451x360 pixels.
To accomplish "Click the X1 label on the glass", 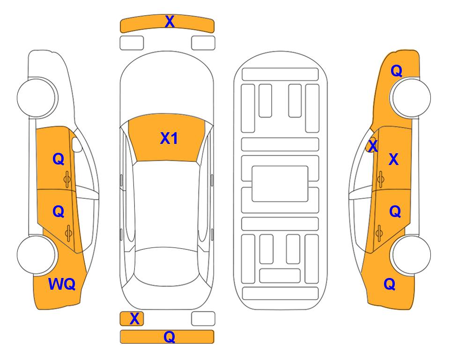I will click(x=169, y=138).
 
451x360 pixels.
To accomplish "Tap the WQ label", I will click(x=62, y=284).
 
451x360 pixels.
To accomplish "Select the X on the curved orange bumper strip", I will click(x=170, y=22).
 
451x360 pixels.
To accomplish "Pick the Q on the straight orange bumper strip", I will click(x=169, y=337).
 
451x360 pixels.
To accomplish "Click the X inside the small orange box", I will click(x=134, y=319).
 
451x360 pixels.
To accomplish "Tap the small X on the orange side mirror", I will click(x=372, y=147).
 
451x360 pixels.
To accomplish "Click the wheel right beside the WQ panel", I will click(x=37, y=255).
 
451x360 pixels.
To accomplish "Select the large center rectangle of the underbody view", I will click(x=280, y=183).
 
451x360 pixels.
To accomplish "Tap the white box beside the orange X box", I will click(x=203, y=319).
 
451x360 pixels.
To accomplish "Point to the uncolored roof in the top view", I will click(x=167, y=202).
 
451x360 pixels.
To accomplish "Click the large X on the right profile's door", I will click(x=393, y=160).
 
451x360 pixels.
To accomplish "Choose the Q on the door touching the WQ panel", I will click(x=58, y=212).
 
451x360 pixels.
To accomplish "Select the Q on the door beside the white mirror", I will click(x=58, y=159).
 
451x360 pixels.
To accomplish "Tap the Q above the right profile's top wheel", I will click(x=396, y=71).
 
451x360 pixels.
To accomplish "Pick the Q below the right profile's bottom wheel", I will click(x=389, y=284).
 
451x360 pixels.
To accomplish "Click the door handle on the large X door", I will click(x=380, y=178).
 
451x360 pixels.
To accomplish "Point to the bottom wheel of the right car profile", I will click(x=411, y=255).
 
